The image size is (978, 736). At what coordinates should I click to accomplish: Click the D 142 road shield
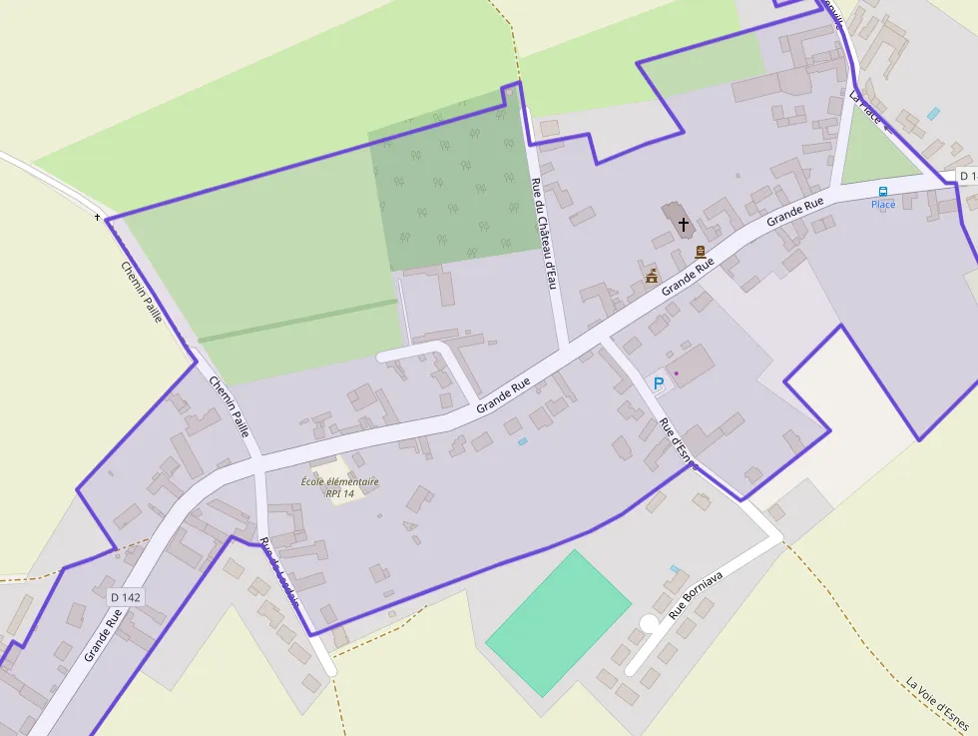tap(126, 596)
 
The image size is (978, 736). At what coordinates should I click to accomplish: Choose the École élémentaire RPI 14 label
tap(340, 487)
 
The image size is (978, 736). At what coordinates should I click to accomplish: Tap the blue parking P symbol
tap(658, 382)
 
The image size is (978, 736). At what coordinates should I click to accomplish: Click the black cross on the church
tap(684, 224)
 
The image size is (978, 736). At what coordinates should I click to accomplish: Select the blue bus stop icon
tap(882, 191)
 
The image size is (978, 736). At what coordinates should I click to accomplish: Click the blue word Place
tap(883, 205)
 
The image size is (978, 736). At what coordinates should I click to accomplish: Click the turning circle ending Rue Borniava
tap(649, 623)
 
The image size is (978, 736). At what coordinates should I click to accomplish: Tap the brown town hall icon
tap(652, 276)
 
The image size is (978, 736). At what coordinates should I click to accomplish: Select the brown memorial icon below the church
tap(701, 252)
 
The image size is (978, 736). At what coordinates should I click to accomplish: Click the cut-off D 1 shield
tap(967, 176)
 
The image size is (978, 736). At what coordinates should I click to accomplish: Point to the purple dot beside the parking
tap(676, 373)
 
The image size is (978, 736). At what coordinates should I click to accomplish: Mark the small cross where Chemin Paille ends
tap(98, 217)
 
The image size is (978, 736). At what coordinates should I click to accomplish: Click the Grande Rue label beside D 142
tap(103, 637)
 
